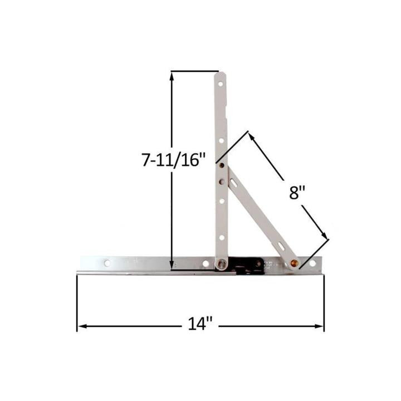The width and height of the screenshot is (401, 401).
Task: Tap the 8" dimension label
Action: pyautogui.click(x=297, y=193)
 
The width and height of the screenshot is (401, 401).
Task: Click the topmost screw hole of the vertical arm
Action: pyautogui.click(x=221, y=85)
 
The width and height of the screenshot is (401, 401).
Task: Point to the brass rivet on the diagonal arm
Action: pyautogui.click(x=294, y=262)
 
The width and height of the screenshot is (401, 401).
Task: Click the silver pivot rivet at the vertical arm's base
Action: pyautogui.click(x=222, y=263)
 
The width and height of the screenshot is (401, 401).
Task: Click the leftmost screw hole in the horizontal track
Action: pyautogui.click(x=107, y=262)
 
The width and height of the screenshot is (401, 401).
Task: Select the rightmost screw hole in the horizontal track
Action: pyautogui.click(x=312, y=262)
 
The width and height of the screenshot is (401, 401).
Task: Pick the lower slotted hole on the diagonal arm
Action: pyautogui.click(x=280, y=246)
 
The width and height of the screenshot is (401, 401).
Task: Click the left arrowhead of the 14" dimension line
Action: pyautogui.click(x=80, y=326)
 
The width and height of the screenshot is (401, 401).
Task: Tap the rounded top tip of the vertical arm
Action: pyautogui.click(x=221, y=74)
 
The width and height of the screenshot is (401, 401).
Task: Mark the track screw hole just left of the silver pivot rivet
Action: pyautogui.click(x=206, y=263)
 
